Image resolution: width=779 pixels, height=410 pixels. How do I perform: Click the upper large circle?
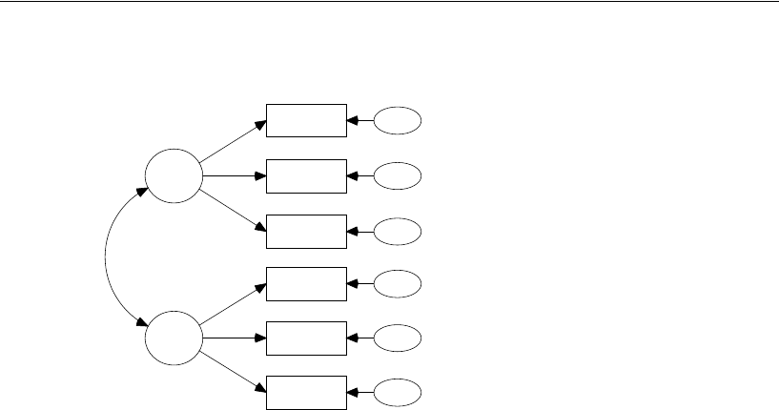pos(174,176)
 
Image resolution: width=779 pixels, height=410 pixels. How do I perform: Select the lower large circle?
pos(174,337)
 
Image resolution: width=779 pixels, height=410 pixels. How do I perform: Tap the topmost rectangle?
pos(306,121)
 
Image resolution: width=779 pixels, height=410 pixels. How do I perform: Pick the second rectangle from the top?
pos(306,176)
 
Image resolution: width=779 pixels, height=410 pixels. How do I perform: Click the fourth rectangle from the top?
pos(306,283)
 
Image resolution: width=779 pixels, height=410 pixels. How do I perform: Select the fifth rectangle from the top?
pos(306,338)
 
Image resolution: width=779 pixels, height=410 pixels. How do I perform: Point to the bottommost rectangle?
pos(306,392)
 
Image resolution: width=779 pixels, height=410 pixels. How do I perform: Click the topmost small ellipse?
pos(397,121)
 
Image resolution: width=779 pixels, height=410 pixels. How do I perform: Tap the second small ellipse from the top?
pos(397,176)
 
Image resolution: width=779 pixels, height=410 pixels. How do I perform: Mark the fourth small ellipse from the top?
pos(397,283)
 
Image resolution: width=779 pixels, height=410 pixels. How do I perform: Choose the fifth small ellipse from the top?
pos(397,338)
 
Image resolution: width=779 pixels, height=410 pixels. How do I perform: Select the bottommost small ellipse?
pos(397,392)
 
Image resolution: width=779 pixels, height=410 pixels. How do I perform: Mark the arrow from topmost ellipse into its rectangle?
pos(360,121)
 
